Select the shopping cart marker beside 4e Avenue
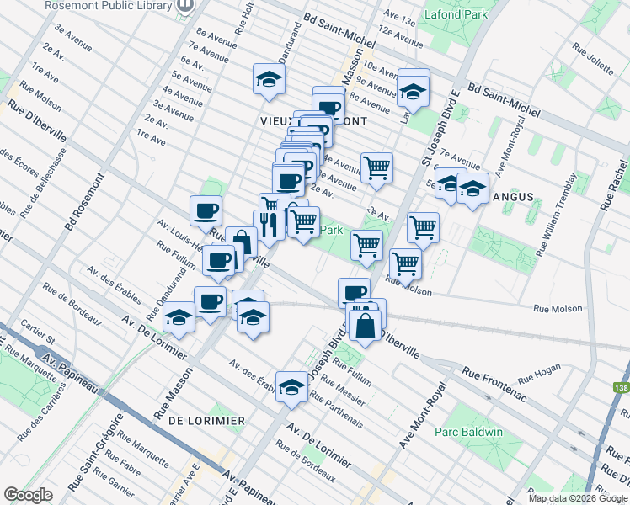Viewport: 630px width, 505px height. tap(376, 167)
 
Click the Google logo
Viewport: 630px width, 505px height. tap(28, 496)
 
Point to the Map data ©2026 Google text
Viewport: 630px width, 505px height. tap(576, 498)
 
